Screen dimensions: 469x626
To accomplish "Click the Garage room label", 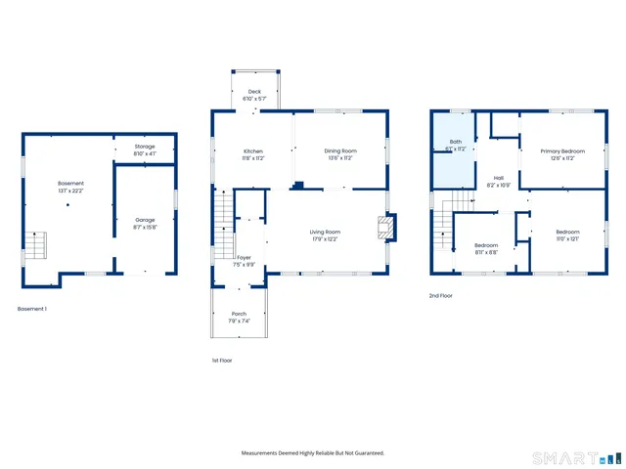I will tap(145, 224).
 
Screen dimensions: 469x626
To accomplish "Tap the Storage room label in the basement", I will tap(145, 150).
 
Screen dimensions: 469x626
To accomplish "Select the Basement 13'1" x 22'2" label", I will tap(70, 187).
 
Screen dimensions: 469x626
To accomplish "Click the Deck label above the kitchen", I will tap(254, 95).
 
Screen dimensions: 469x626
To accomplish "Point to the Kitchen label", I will tap(253, 154).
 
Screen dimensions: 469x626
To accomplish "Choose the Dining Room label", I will tap(340, 154).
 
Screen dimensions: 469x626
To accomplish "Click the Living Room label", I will tap(325, 234).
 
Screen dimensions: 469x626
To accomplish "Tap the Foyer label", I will tap(245, 261).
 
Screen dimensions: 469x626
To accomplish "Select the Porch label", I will tap(240, 317).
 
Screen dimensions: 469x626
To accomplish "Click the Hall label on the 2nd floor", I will tap(498, 181).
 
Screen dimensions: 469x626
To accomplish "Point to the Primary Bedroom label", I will tap(562, 154).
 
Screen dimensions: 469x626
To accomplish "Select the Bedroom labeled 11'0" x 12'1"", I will tap(567, 234).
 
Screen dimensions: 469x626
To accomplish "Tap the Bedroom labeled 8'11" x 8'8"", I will tap(486, 248).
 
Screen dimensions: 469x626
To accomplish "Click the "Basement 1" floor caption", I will tap(32, 309).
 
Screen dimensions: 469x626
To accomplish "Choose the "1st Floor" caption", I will tap(222, 361).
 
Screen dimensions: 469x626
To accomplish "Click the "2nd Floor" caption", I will tap(440, 295).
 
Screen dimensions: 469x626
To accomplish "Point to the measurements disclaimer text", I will tap(313, 452).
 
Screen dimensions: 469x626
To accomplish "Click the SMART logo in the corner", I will tap(572, 457).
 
